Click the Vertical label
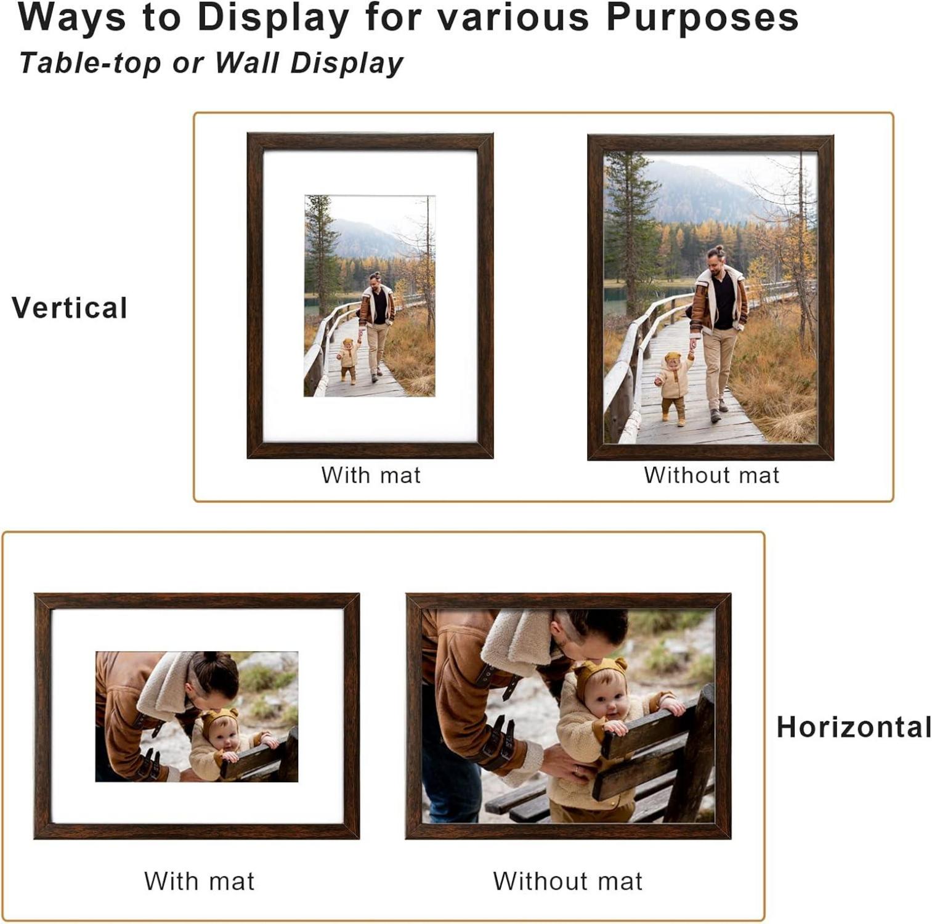click(x=70, y=308)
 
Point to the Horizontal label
click(x=854, y=727)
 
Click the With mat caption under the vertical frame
click(x=371, y=475)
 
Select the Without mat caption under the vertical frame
click(x=711, y=475)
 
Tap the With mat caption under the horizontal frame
click(x=199, y=881)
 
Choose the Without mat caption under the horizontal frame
click(x=567, y=881)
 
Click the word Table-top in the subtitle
click(x=91, y=63)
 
